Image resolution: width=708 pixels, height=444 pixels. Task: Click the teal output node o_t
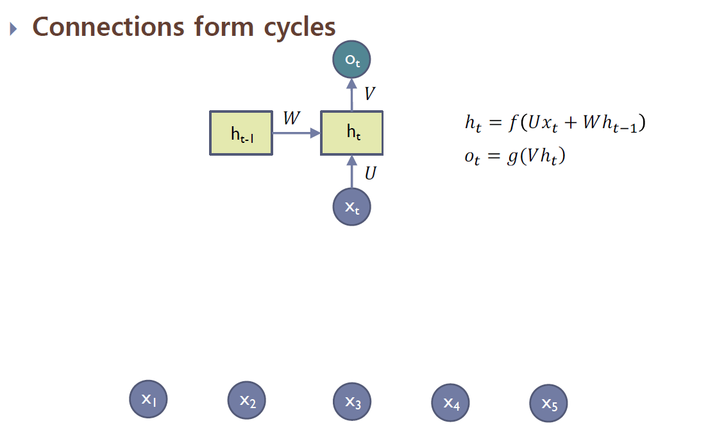pos(351,60)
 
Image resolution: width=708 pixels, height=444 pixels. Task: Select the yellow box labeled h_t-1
pos(241,133)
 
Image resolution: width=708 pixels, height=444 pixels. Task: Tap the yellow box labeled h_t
pos(351,133)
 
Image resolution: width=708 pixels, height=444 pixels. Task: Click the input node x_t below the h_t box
pos(351,207)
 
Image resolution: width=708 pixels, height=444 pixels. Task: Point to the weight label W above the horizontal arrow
pos(292,119)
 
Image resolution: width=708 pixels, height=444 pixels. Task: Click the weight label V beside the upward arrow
pos(369,94)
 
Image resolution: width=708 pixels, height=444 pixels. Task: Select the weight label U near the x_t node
pos(370,173)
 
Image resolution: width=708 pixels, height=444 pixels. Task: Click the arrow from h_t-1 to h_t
pos(296,133)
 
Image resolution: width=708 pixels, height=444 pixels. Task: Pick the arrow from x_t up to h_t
pos(351,172)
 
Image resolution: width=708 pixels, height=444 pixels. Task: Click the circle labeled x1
pos(149,399)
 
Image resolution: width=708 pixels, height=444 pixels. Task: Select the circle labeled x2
pos(248,400)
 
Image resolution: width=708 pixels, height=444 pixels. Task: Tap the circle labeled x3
pos(353,402)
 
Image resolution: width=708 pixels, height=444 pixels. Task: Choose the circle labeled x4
pos(451,404)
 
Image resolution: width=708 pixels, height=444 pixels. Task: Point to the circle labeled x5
pos(549,404)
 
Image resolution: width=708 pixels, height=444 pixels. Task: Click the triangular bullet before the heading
pos(15,29)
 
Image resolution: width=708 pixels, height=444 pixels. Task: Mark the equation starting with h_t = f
pos(555,123)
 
